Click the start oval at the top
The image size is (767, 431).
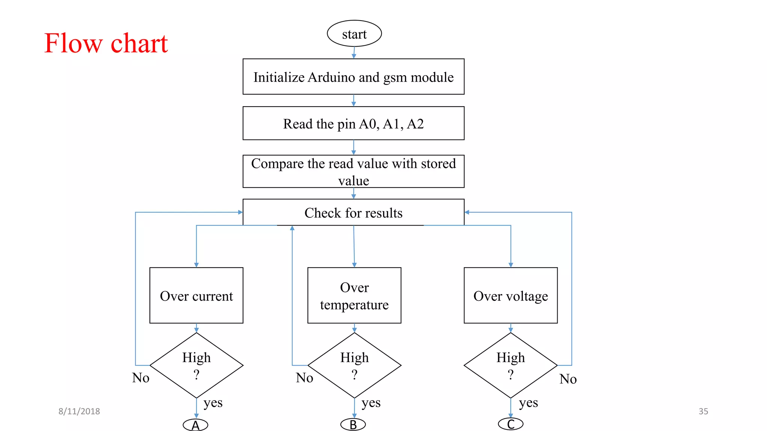pos(354,34)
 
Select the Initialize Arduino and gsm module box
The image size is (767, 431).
pos(353,77)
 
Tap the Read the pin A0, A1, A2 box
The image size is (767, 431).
pos(353,123)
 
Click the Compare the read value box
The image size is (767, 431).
pos(353,171)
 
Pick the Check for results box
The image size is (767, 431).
pos(353,212)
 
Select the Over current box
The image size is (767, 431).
pos(196,295)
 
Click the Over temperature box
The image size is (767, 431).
pos(354,295)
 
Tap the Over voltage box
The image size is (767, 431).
pos(510,295)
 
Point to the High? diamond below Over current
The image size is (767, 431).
pos(196,365)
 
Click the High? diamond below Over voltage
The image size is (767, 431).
pos(510,365)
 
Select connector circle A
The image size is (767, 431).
pos(195,425)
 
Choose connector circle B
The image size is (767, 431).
pos(353,425)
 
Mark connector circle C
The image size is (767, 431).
pos(510,424)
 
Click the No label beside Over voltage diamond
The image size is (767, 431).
pos(568,379)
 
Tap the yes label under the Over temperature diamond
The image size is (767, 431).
pos(371,403)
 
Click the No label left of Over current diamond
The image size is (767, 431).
pos(140,378)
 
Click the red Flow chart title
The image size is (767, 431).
pos(106,43)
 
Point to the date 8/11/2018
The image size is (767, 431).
pos(79,411)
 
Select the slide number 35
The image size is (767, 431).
pos(703,411)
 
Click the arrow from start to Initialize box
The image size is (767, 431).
pos(354,52)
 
